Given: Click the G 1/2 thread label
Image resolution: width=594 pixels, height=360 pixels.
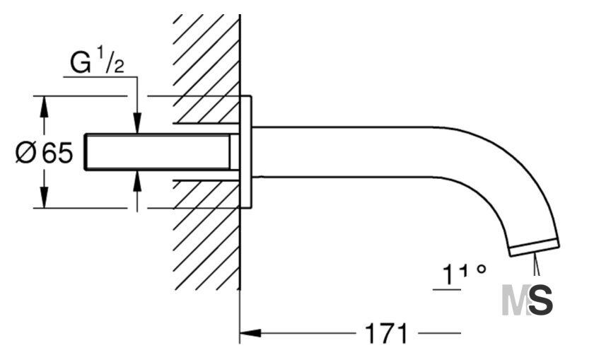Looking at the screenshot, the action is tap(97, 61).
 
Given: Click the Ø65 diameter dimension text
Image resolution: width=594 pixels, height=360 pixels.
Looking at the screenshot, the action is tap(44, 152).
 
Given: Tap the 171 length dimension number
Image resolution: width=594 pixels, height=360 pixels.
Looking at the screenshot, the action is tap(386, 334).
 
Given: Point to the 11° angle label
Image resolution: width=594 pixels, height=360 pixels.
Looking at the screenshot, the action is tap(464, 274).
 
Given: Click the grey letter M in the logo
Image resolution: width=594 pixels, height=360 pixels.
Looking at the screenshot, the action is tap(516, 301).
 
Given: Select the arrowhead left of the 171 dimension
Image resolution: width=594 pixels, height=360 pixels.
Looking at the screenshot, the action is tap(250, 333).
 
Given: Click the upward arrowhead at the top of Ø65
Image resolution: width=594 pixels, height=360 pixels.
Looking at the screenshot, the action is tap(45, 107).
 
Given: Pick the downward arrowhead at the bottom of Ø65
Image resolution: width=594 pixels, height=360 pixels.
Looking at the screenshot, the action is tap(45, 197).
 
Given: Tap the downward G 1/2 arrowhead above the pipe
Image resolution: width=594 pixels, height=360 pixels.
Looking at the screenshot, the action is tap(137, 123).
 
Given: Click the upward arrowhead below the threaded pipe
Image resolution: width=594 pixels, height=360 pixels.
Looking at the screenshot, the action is tap(137, 181).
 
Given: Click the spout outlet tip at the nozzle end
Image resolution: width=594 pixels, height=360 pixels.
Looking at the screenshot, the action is tap(534, 248).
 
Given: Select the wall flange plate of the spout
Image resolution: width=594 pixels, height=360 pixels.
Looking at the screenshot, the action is tap(246, 152).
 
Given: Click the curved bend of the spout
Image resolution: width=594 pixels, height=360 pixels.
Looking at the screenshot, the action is tap(503, 178).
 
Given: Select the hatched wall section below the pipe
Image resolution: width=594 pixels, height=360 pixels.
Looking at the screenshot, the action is tap(206, 235).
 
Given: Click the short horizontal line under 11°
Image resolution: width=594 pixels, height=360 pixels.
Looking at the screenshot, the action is tap(447, 290).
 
